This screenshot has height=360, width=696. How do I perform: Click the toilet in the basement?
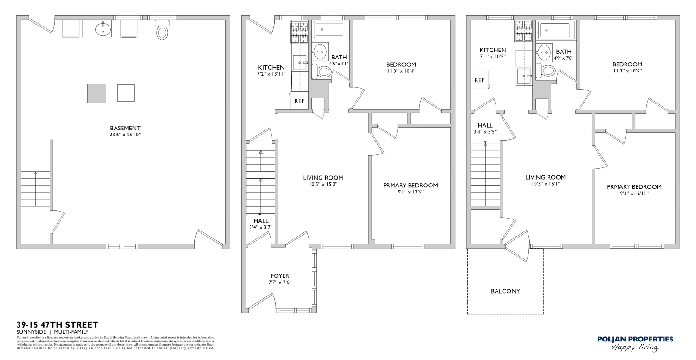(x=162, y=30)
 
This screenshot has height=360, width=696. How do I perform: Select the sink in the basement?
(x=103, y=29)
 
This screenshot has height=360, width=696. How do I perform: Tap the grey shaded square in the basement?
(x=97, y=93)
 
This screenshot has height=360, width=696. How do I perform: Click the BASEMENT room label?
(x=125, y=128)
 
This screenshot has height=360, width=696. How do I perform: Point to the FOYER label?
(x=280, y=276)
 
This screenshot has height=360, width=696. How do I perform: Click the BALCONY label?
(x=505, y=291)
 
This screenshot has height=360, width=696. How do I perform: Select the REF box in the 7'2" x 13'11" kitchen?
(x=299, y=101)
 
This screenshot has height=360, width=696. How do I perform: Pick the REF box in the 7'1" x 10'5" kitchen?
(x=479, y=80)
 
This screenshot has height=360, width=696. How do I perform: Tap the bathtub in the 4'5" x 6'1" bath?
(x=331, y=30)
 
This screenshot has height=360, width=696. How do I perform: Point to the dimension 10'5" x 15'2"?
(x=323, y=184)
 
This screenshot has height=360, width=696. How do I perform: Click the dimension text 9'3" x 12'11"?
(x=634, y=193)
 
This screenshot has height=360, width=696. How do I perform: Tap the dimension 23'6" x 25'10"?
(x=125, y=135)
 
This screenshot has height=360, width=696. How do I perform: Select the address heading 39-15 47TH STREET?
(x=57, y=325)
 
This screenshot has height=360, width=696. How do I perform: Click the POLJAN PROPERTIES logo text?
(x=635, y=339)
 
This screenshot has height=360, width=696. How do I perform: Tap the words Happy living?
(x=635, y=347)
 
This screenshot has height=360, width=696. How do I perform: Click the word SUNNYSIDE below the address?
(x=31, y=332)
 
